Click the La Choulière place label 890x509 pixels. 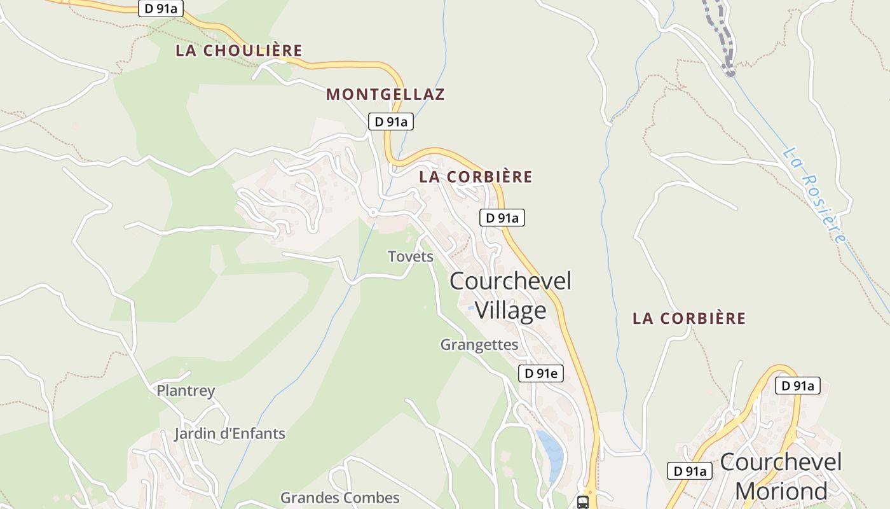tap(238, 51)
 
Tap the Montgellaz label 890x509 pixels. tap(385, 95)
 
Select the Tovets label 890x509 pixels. tap(411, 256)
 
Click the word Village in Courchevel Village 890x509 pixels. tap(510, 310)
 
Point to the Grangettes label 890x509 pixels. tap(479, 345)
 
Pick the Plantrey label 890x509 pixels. tap(186, 391)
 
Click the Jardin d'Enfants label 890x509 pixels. tap(229, 434)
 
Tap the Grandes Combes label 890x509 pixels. tap(340, 498)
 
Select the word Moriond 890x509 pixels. tap(781, 491)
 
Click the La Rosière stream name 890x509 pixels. tap(814, 195)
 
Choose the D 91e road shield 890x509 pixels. tap(542, 373)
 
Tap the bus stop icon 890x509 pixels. tap(582, 502)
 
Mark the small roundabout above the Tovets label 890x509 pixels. tap(373, 212)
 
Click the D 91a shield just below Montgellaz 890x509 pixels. tap(391, 122)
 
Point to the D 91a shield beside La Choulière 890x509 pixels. tap(161, 8)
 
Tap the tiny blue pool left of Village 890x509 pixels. tap(471, 308)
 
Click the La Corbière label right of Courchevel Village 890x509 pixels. tap(688, 319)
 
